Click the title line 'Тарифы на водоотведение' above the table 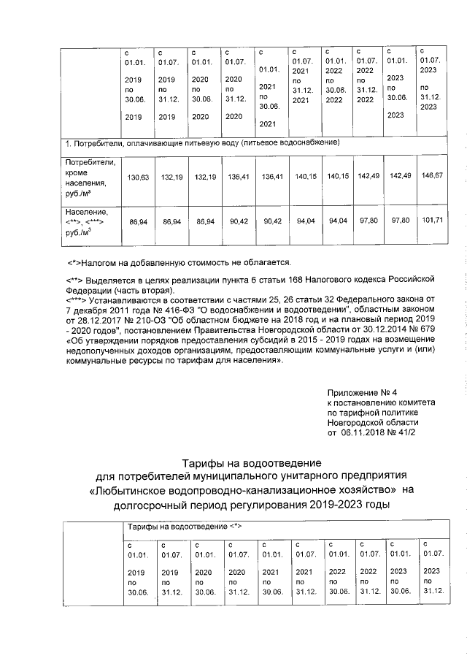point(251,462)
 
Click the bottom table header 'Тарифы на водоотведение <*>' point(184,526)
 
